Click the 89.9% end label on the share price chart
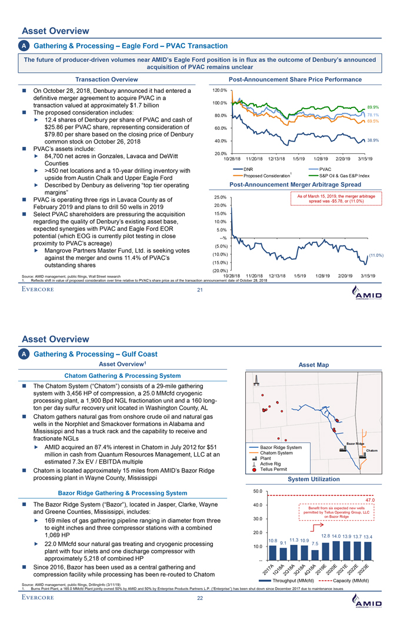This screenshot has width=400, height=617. pyautogui.click(x=372, y=107)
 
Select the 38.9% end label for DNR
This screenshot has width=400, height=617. pyautogui.click(x=372, y=140)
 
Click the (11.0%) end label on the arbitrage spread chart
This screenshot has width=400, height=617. pyautogui.click(x=376, y=255)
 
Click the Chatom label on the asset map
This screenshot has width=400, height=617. pyautogui.click(x=372, y=451)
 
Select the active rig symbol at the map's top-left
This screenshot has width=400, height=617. pyautogui.click(x=256, y=383)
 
